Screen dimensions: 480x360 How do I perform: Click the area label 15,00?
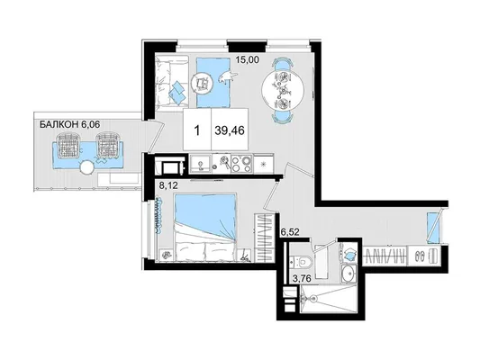pos(247,59)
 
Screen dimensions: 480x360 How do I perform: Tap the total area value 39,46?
pos(230,130)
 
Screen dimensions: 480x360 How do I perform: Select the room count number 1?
pos(197,130)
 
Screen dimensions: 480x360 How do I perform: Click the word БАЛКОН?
pos(59,124)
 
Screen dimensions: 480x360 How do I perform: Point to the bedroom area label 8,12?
pos(168,184)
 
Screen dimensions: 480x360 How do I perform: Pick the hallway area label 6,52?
pos(290,232)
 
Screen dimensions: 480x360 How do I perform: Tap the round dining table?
pos(283,90)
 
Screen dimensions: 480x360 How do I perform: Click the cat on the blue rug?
pos(228,76)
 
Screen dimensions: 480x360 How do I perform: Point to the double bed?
pos(205,228)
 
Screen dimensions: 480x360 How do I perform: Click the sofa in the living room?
pos(171,82)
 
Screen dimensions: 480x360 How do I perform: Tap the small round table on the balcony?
pos(86,168)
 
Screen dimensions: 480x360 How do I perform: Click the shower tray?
pos(329,299)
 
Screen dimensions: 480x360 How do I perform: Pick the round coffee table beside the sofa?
pos(202,82)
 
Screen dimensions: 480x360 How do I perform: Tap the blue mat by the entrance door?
pos(433,228)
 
